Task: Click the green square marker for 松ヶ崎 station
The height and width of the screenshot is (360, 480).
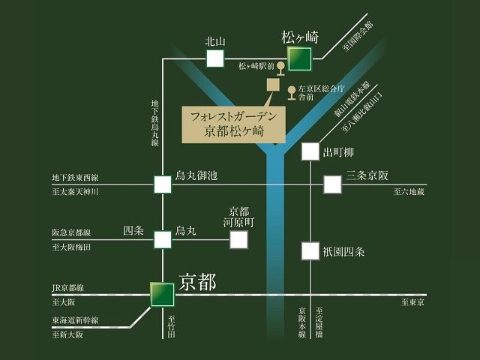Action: [x=300, y=58]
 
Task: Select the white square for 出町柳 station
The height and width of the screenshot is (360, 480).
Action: [x=310, y=151]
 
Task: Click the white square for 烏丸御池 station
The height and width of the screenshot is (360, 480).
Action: [x=163, y=184]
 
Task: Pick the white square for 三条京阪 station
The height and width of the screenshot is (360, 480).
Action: [x=333, y=184]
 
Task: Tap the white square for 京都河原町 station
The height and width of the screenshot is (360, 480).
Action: [x=238, y=239]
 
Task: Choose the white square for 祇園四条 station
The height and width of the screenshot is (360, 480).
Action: [x=310, y=250]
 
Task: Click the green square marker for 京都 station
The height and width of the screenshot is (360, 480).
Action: [x=162, y=294]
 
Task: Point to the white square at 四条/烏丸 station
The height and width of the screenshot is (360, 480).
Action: [x=163, y=239]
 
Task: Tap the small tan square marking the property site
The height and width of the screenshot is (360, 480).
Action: [x=272, y=84]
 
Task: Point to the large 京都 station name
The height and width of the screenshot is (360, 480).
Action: [x=198, y=282]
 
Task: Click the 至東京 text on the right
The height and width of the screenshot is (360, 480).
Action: [x=413, y=302]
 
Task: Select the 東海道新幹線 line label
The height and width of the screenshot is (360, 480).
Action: [x=76, y=320]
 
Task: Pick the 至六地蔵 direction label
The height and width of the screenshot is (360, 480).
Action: [x=409, y=193]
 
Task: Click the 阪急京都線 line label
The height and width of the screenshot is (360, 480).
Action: [x=71, y=232]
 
